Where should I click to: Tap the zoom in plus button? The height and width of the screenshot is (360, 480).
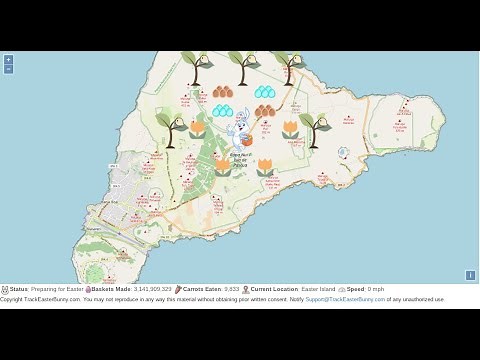8,59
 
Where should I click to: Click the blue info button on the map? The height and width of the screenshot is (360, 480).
470,275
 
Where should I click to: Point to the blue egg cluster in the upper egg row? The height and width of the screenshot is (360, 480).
265,92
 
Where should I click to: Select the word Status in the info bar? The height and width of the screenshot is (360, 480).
19,288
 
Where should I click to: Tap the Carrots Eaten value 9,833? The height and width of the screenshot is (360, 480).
231,288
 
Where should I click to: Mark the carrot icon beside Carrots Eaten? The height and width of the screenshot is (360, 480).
178,288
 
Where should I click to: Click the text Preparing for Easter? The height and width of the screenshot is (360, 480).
57,288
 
